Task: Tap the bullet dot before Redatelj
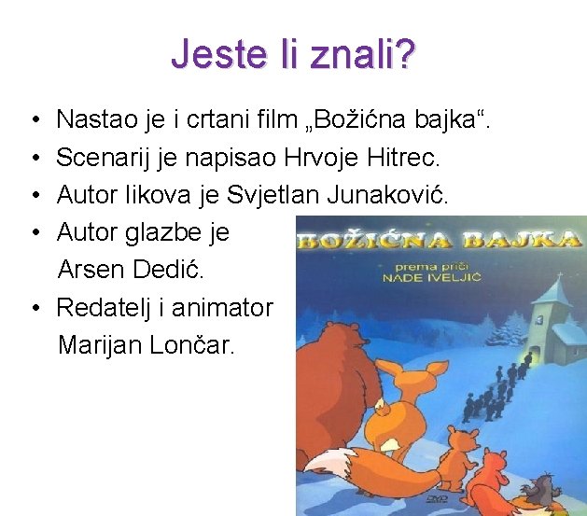[34, 306]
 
